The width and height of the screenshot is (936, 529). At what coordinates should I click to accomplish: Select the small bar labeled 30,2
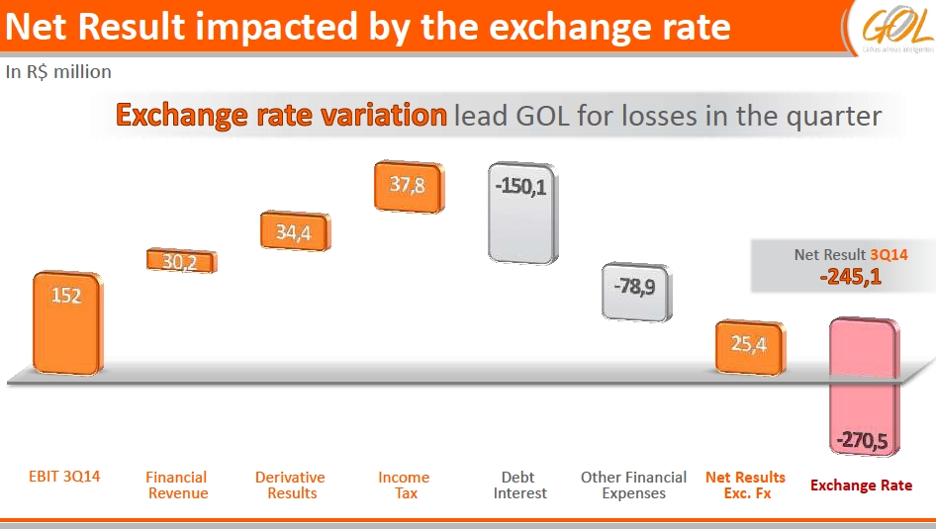[x=181, y=261]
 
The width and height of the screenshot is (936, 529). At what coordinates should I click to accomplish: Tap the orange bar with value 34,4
[x=294, y=232]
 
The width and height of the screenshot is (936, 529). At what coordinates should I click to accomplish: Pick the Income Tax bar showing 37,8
[x=408, y=186]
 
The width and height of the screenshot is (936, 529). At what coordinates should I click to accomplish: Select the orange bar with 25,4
[x=750, y=346]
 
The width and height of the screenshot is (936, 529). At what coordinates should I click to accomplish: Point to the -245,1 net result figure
[x=850, y=277]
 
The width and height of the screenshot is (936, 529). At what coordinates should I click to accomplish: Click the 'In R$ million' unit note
[x=58, y=72]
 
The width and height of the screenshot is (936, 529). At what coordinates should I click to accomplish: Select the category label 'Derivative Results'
[x=290, y=485]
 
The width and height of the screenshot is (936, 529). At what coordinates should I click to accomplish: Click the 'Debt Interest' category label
[x=520, y=485]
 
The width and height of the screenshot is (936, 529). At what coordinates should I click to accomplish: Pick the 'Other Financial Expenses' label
[x=633, y=485]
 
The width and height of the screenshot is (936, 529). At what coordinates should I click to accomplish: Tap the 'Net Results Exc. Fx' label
[x=746, y=485]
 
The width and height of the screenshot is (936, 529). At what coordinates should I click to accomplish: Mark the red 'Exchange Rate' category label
[x=861, y=485]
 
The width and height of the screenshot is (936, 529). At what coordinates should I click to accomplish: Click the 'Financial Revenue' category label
[x=178, y=485]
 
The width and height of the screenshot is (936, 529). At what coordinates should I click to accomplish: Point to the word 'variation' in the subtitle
[x=388, y=116]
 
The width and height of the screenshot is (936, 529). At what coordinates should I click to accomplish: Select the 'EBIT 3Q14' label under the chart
[x=64, y=477]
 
